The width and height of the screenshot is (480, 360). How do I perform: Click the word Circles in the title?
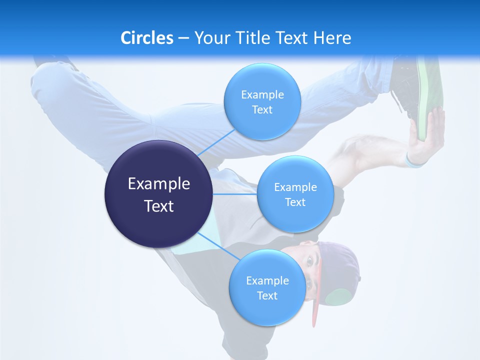[x=146, y=37]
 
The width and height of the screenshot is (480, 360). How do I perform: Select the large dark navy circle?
[x=158, y=194]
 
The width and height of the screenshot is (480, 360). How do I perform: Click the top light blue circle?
[x=262, y=101]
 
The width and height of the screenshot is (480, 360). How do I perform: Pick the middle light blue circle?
[x=295, y=194]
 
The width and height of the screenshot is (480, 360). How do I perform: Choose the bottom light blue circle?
[x=267, y=287]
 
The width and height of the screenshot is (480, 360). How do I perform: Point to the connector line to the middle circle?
[x=235, y=194]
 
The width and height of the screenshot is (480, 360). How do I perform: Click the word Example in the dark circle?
[x=158, y=183]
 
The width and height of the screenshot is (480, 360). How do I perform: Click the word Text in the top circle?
[x=262, y=109]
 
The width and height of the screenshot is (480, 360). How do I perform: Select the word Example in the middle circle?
[x=295, y=187]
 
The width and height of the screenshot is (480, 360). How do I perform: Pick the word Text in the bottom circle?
[x=267, y=295]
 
